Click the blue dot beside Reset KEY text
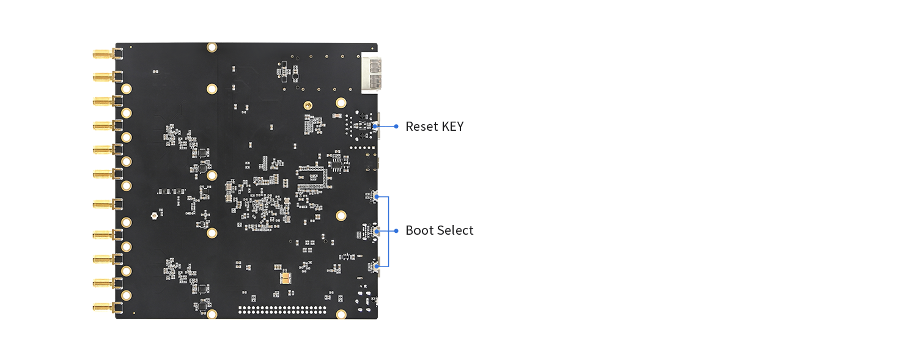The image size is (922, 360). [x=396, y=127]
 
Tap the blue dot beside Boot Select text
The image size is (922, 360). [x=396, y=230]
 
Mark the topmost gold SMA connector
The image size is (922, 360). [x=103, y=54]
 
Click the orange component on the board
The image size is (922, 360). [x=285, y=278]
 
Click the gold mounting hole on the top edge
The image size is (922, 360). [x=212, y=47]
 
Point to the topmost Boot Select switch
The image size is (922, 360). [x=371, y=196]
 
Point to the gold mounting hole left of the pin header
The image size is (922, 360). [x=212, y=314]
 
